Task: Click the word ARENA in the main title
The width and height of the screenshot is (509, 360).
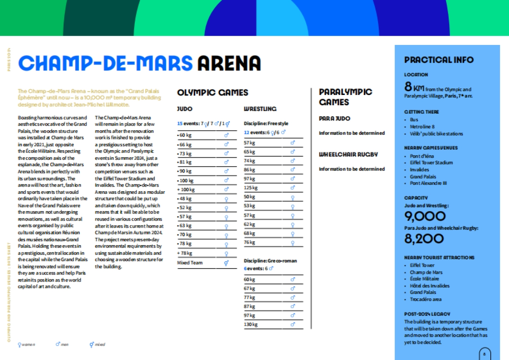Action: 229,63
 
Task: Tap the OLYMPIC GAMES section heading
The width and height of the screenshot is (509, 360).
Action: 213,92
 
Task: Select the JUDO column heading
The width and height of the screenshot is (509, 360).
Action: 185,109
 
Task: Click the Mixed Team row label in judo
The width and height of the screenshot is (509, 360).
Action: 190,263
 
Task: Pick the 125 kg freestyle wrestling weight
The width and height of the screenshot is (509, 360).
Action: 251,188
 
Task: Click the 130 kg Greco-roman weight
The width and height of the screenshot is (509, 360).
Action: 251,325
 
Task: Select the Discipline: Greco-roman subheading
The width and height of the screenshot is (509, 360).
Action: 270,260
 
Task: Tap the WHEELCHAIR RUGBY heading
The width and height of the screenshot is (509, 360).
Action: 348,155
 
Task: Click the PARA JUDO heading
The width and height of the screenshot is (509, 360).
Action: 335,119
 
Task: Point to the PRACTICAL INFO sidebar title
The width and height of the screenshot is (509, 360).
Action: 439,60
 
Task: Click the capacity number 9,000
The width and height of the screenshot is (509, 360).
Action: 425,217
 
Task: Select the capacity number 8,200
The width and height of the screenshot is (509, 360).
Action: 424,239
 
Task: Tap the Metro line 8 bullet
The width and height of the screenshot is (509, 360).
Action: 422,127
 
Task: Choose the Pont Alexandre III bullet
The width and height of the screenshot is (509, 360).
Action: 428,183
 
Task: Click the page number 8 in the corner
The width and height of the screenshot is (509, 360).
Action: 484,353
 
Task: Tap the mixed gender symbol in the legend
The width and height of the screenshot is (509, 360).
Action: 92,344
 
